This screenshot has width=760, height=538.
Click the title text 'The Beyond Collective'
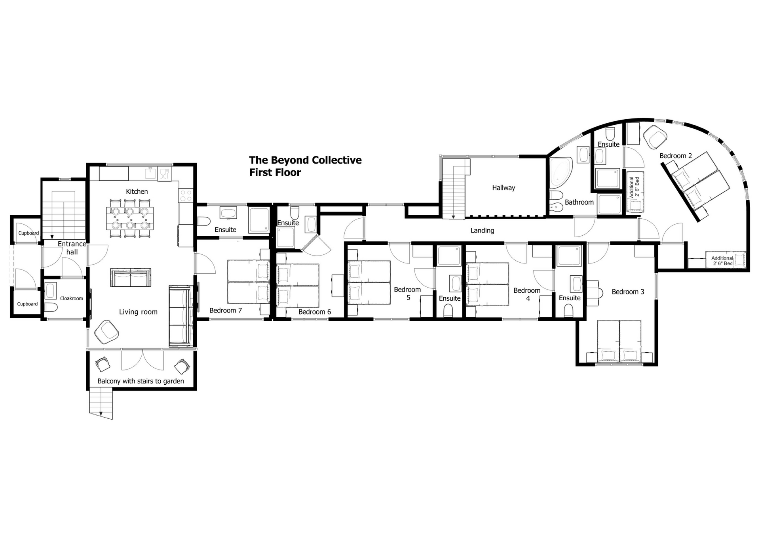click(305, 160)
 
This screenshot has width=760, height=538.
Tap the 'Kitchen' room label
click(137, 192)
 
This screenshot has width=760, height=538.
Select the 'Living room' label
click(138, 312)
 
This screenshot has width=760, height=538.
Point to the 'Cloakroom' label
click(72, 299)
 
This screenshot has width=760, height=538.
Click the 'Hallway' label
click(503, 188)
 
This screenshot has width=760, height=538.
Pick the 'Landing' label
click(482, 231)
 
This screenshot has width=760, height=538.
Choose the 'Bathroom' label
click(579, 202)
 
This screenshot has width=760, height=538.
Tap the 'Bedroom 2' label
click(676, 156)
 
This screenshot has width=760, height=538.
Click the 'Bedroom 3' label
click(628, 292)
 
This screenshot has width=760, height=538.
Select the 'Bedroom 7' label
click(226, 311)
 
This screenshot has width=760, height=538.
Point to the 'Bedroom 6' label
click(315, 312)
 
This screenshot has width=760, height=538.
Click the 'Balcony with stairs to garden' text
click(141, 382)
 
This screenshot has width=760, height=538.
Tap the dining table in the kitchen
click(130, 218)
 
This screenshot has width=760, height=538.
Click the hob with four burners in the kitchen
click(186, 195)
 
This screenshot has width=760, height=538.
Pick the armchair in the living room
click(106, 332)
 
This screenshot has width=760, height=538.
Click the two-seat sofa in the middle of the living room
click(130, 278)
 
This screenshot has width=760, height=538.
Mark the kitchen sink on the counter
click(150, 174)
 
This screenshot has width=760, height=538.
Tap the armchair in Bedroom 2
click(655, 137)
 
